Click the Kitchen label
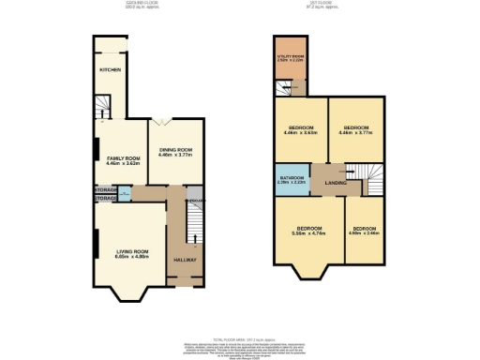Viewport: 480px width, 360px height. point(111,69)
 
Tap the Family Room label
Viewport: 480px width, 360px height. point(122,158)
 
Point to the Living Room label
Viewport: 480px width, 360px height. point(131,251)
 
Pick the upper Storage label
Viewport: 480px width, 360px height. point(105,190)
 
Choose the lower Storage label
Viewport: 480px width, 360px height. point(105,198)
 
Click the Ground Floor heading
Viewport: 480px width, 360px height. point(142,4)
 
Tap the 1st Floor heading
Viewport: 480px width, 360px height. point(328,4)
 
